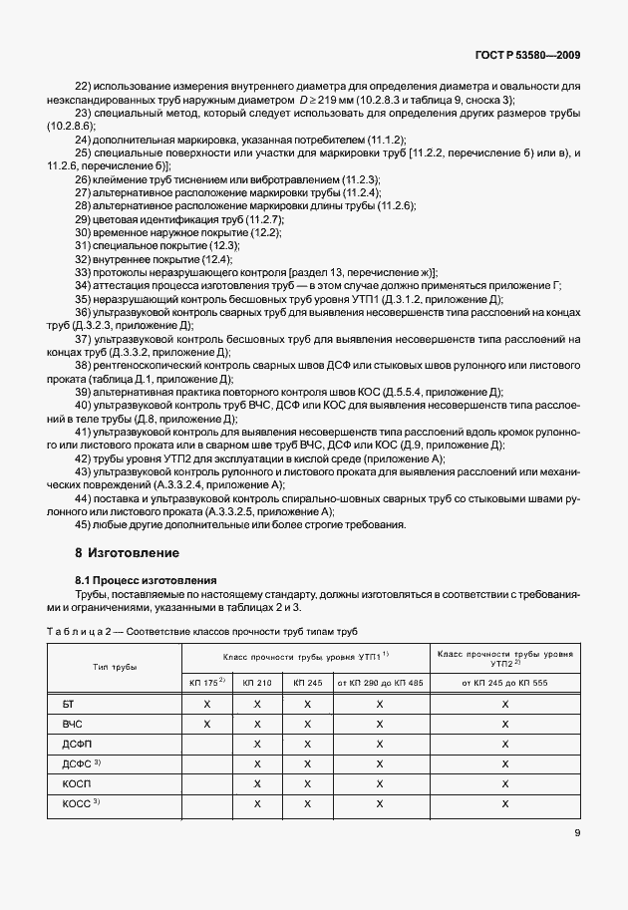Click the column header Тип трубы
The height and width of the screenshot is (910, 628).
115,666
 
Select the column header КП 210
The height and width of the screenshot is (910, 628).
257,682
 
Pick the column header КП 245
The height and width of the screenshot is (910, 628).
307,682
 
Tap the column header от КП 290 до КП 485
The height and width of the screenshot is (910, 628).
380,682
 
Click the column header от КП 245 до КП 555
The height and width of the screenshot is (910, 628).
505,682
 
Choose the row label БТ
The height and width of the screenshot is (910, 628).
68,705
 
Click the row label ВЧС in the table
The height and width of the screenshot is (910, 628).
71,729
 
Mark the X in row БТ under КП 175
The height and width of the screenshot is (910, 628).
207,705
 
